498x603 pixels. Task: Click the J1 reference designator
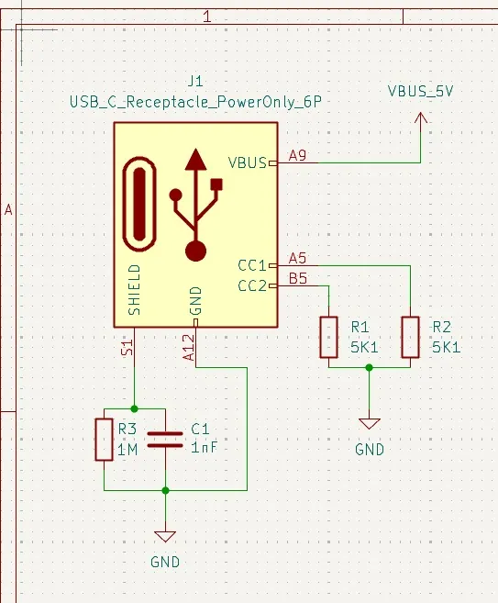[x=194, y=81]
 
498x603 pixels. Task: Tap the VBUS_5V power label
[x=422, y=92]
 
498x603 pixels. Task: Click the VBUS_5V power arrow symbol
[x=422, y=120]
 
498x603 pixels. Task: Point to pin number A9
[x=298, y=155]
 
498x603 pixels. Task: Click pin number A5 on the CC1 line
[x=298, y=258]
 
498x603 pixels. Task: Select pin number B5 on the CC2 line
[x=298, y=278]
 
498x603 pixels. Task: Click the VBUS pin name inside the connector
[x=247, y=163]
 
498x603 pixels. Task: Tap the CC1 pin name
[x=251, y=265]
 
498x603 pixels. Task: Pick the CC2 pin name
[x=251, y=285]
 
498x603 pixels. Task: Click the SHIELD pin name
[x=135, y=291]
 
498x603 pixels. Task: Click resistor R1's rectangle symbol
[x=328, y=337]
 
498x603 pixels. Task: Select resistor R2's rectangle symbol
[x=410, y=337]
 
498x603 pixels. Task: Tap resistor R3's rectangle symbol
[x=104, y=439]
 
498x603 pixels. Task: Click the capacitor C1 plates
[x=165, y=439]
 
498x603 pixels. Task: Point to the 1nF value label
[x=204, y=448]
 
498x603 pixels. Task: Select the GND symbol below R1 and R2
[x=370, y=424]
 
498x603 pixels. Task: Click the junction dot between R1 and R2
[x=370, y=367]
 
